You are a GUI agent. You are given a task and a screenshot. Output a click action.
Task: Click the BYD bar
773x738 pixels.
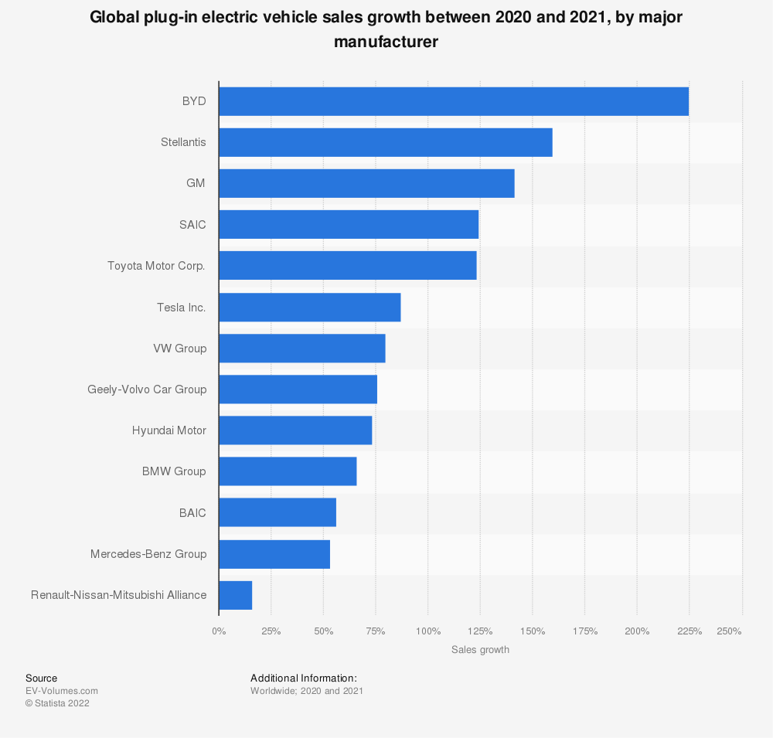pyautogui.click(x=454, y=101)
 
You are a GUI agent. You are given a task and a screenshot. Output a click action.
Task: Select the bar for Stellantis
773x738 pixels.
pyautogui.click(x=385, y=142)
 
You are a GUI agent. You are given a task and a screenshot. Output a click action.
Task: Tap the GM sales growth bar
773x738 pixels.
pyautogui.click(x=366, y=183)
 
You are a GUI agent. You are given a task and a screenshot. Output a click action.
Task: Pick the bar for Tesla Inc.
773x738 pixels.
pyautogui.click(x=309, y=307)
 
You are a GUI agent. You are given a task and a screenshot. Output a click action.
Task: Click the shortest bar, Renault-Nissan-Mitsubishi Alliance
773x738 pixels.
pyautogui.click(x=235, y=595)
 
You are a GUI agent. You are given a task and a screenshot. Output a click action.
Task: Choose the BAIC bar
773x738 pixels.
pyautogui.click(x=278, y=512)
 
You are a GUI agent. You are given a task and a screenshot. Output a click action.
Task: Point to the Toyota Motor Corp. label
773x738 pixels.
pyautogui.click(x=157, y=266)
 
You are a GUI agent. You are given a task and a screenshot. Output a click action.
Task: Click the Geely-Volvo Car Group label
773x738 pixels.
pyautogui.click(x=147, y=389)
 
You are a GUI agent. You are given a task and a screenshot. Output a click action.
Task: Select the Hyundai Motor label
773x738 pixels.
pyautogui.click(x=169, y=430)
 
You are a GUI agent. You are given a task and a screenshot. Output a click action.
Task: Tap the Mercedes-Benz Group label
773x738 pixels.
pyautogui.click(x=148, y=553)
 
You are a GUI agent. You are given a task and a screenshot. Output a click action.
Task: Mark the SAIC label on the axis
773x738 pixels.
pyautogui.click(x=192, y=225)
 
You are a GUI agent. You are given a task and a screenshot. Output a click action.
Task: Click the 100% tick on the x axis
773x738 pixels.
pyautogui.click(x=427, y=631)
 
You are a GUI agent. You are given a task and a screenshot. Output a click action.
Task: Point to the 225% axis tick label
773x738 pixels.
pyautogui.click(x=690, y=631)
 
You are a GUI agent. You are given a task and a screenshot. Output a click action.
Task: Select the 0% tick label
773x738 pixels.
pyautogui.click(x=219, y=631)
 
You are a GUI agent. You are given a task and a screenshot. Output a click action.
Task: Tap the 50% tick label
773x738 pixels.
pyautogui.click(x=323, y=631)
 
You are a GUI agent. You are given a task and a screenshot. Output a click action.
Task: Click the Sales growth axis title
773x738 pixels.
pyautogui.click(x=480, y=650)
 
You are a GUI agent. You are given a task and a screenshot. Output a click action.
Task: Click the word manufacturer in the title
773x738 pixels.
pyautogui.click(x=386, y=42)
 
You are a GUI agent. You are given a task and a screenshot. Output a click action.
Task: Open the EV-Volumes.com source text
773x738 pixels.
pyautogui.click(x=62, y=691)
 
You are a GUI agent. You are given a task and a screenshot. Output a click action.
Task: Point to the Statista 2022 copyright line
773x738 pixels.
pyautogui.click(x=57, y=703)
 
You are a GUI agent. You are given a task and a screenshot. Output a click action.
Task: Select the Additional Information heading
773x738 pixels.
pyautogui.click(x=304, y=678)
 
